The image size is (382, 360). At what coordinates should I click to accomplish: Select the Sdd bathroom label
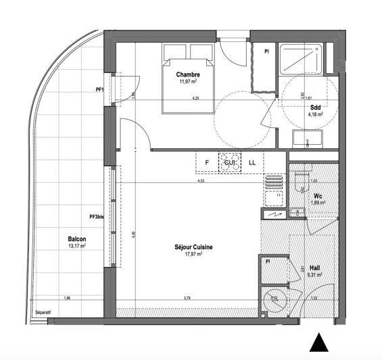[x=315, y=108]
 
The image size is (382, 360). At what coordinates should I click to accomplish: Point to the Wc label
[x=317, y=196]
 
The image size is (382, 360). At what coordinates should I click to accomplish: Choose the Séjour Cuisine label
[x=189, y=248]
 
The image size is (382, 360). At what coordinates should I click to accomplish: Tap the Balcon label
[x=76, y=239]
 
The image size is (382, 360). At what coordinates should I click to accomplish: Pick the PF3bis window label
[x=97, y=217]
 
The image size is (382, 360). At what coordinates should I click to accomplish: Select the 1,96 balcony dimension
[x=66, y=298]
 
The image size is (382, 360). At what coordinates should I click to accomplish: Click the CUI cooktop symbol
[x=228, y=162]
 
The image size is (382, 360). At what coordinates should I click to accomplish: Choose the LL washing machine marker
[x=252, y=162]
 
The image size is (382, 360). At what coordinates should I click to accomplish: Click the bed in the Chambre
[x=189, y=77]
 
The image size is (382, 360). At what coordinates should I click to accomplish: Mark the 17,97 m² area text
[x=189, y=255]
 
